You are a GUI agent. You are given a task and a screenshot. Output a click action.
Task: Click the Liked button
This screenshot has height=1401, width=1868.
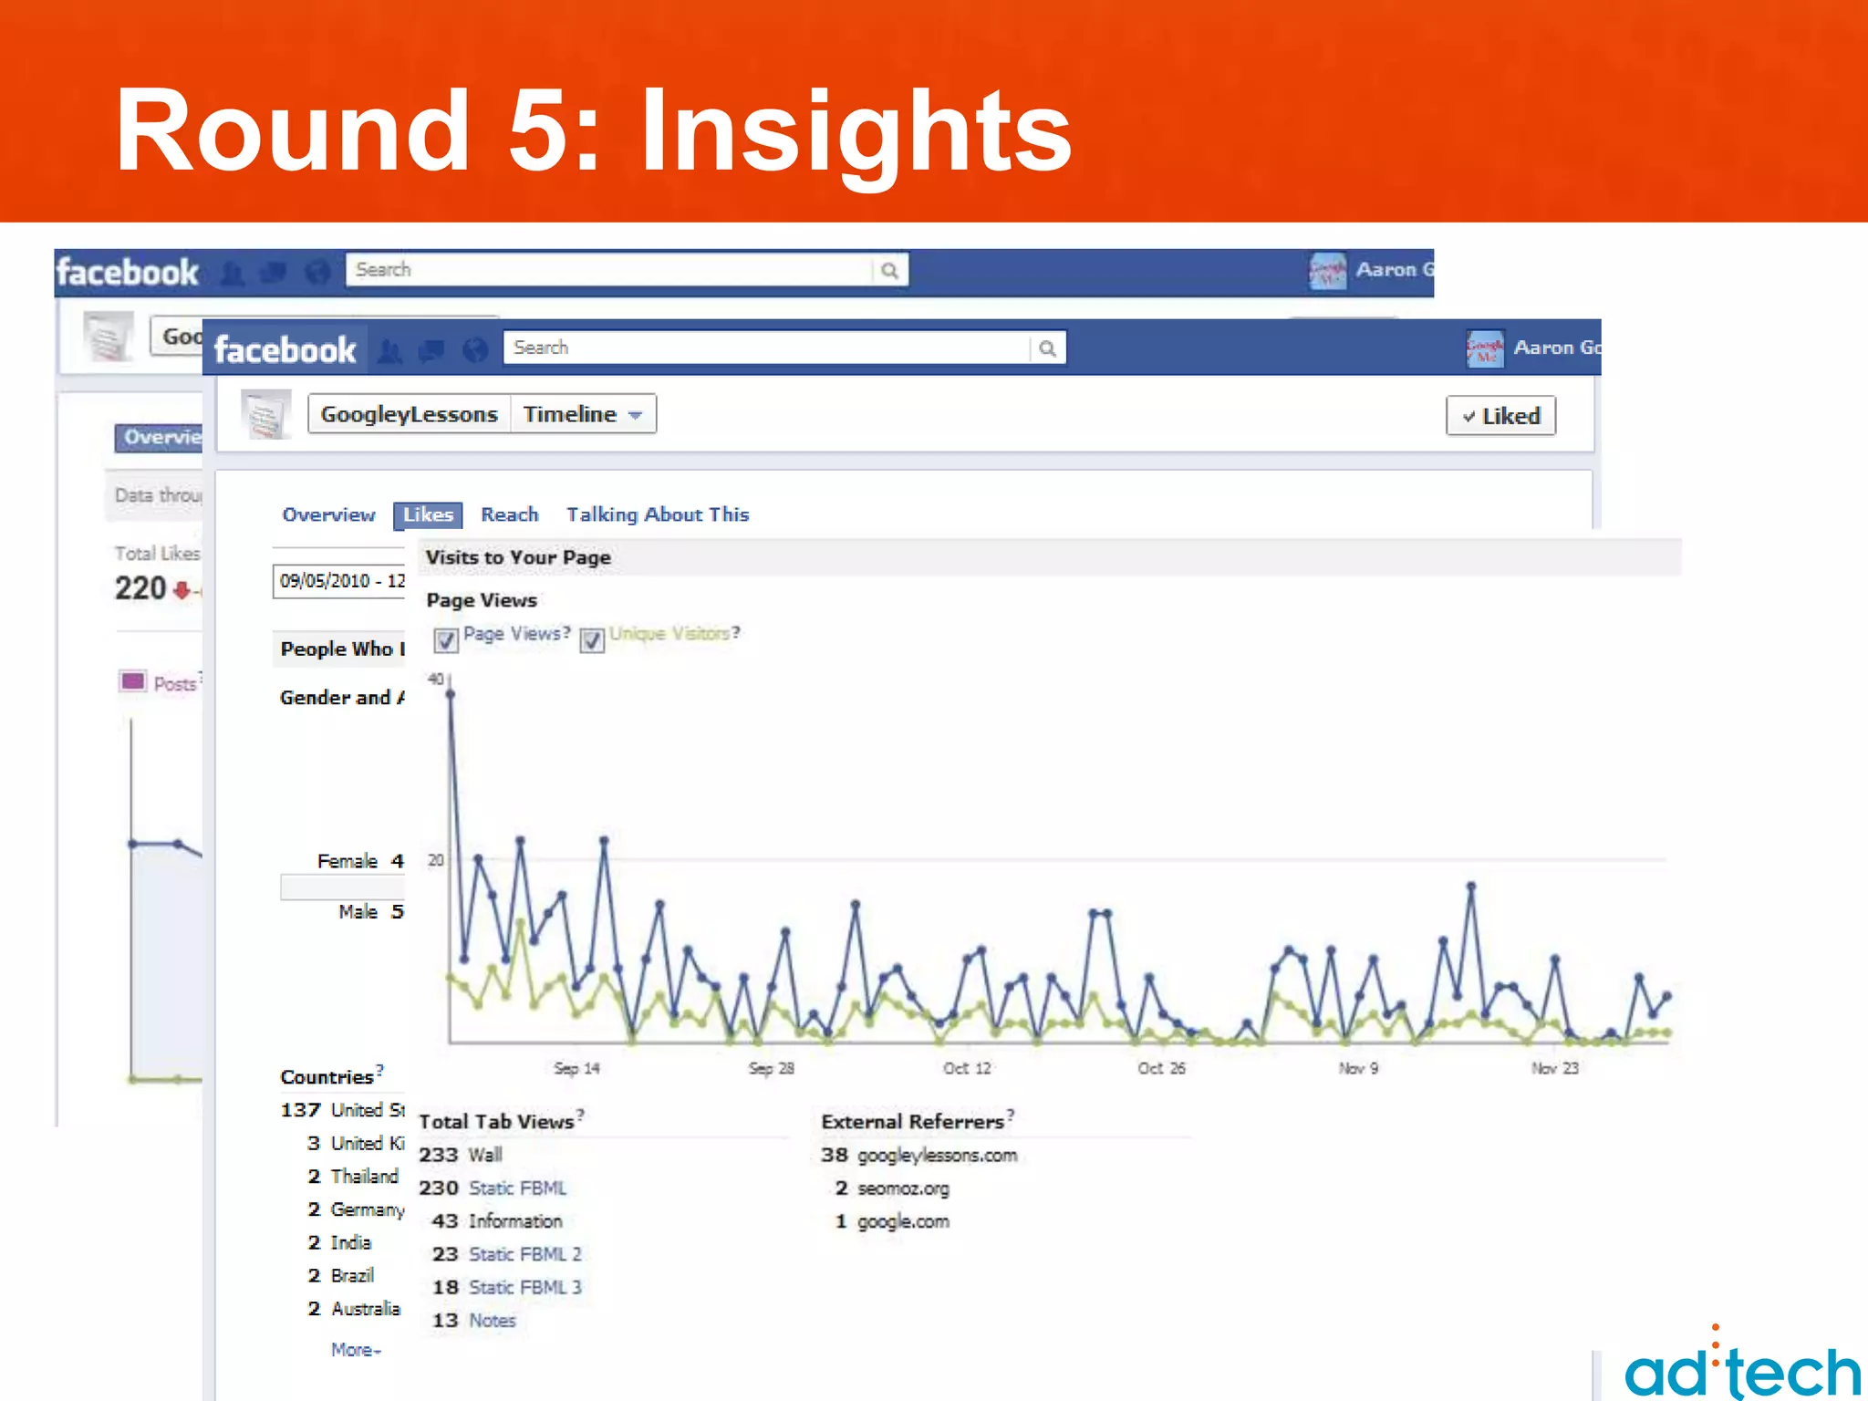(x=1500, y=416)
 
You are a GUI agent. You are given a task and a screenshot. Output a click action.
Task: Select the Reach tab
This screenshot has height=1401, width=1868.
(x=509, y=514)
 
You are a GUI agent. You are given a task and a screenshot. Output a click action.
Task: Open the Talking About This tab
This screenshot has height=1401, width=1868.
(x=657, y=514)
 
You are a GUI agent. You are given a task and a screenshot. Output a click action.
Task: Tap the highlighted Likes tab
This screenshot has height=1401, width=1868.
(x=428, y=515)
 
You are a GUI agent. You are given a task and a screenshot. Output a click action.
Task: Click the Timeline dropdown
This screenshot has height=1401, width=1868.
(x=583, y=414)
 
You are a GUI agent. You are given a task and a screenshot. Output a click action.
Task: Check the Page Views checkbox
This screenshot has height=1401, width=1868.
(x=446, y=639)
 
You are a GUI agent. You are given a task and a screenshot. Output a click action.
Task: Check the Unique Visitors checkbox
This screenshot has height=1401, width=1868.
(x=592, y=639)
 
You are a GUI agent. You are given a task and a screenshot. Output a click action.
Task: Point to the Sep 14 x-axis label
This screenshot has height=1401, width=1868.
(x=576, y=1068)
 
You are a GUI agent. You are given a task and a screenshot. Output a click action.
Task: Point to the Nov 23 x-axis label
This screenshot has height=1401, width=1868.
(x=1554, y=1068)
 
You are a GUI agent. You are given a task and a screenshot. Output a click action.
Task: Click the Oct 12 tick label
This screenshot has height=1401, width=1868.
(x=967, y=1068)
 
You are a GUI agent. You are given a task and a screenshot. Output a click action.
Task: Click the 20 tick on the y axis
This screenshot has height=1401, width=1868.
(x=436, y=860)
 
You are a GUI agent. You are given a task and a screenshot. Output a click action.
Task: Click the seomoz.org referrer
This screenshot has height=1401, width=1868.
(x=902, y=1188)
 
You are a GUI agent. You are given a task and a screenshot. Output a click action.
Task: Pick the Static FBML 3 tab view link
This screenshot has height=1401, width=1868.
(x=524, y=1288)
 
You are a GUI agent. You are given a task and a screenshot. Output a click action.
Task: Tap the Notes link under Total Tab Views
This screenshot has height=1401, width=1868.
(x=492, y=1321)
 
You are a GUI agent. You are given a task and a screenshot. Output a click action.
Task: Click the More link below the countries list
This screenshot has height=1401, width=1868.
(x=355, y=1350)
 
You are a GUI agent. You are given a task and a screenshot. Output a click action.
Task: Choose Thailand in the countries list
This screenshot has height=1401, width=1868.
(x=364, y=1177)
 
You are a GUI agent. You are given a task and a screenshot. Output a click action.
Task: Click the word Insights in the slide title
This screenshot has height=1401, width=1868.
(x=855, y=132)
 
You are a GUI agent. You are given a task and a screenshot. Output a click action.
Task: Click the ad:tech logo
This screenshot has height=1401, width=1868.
(x=1742, y=1368)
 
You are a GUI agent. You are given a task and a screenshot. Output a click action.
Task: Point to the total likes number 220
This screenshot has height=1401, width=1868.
(x=140, y=588)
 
